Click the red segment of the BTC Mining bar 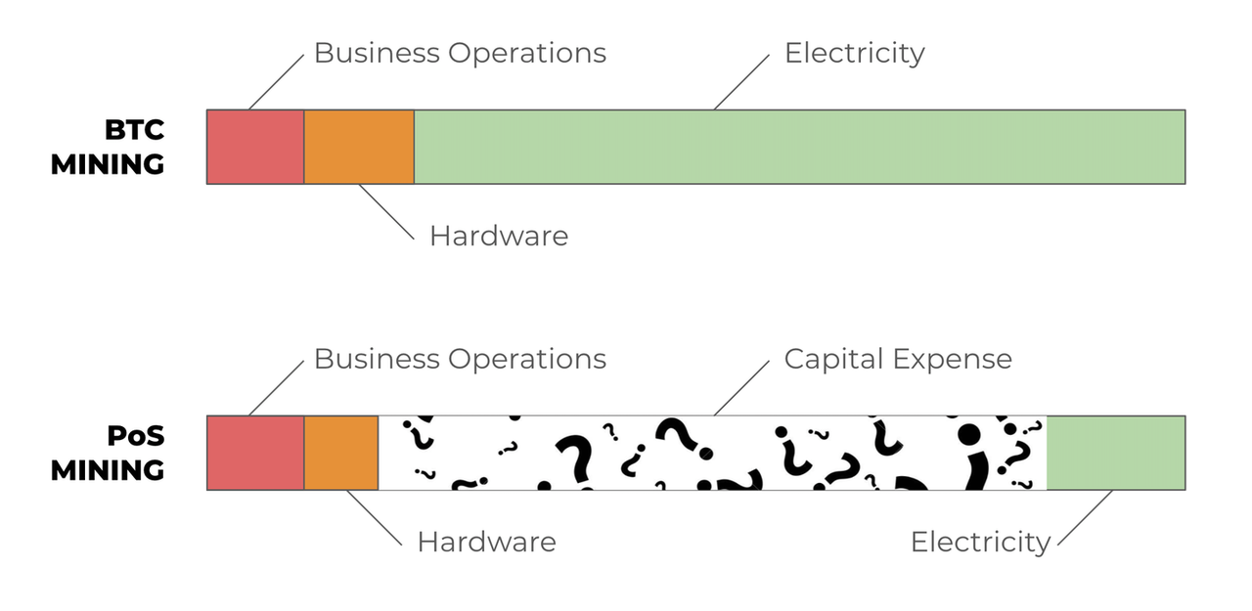point(255,147)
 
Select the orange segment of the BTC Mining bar point(359,147)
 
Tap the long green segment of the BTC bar point(799,147)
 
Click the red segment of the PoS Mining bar point(255,453)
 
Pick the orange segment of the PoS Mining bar point(341,453)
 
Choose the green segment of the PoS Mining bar point(1115,453)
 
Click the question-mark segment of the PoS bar point(712,453)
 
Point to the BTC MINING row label point(108,147)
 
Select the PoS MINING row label point(108,453)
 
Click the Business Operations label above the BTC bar point(460,53)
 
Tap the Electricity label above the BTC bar point(854,53)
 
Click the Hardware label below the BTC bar point(498,236)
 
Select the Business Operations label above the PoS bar point(460,359)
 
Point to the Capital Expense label point(898,359)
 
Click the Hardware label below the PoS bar point(486,542)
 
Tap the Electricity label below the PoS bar point(980,542)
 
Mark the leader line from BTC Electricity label point(741,81)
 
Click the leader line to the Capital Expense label point(741,387)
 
